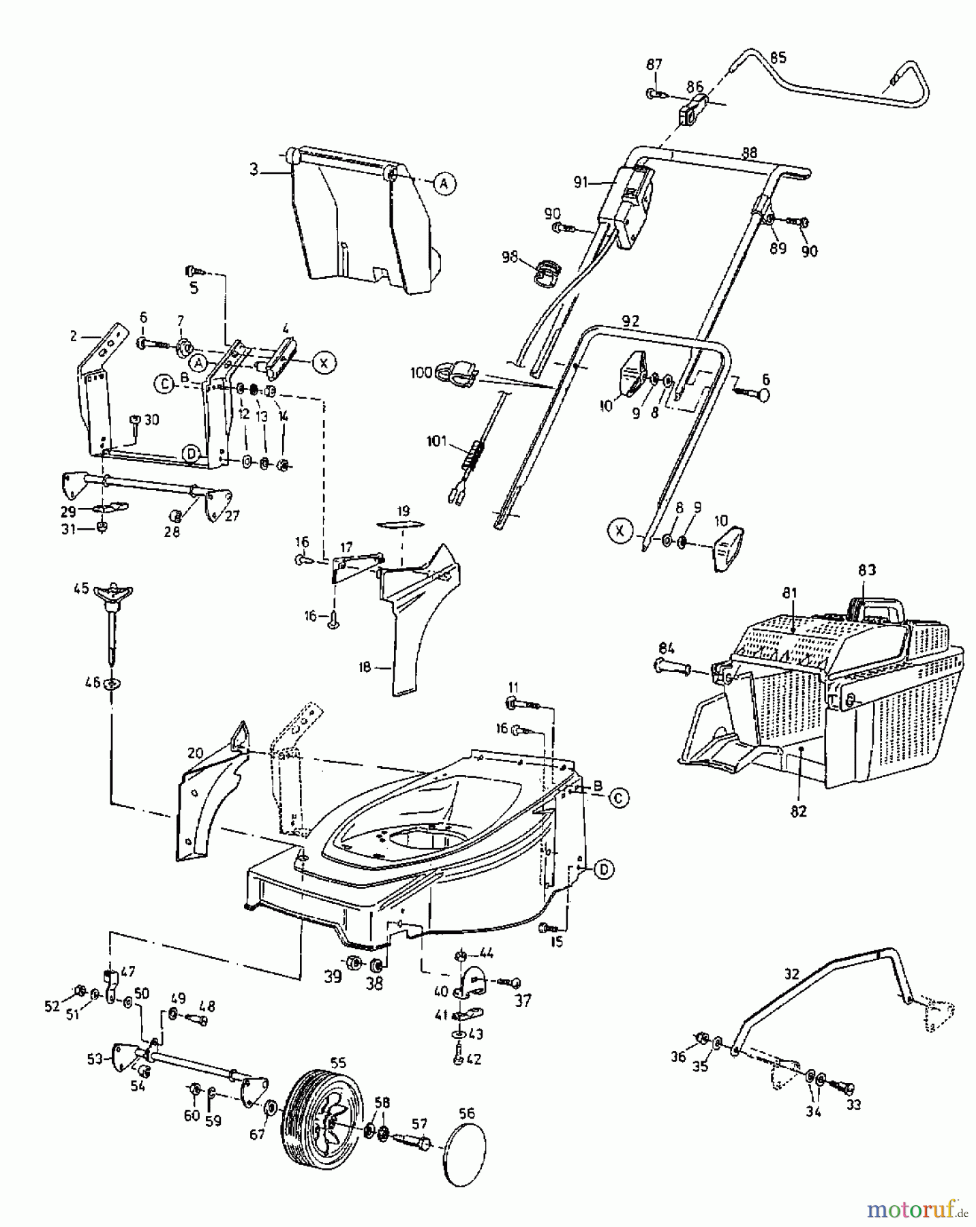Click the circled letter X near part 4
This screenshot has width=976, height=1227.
tap(324, 363)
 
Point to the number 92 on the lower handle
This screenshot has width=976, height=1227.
tap(631, 320)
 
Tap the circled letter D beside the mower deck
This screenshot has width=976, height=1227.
tap(603, 869)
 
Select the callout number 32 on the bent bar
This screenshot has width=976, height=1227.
tap(791, 973)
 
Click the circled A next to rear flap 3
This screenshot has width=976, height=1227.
tap(444, 183)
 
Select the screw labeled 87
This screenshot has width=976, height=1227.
tap(653, 93)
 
